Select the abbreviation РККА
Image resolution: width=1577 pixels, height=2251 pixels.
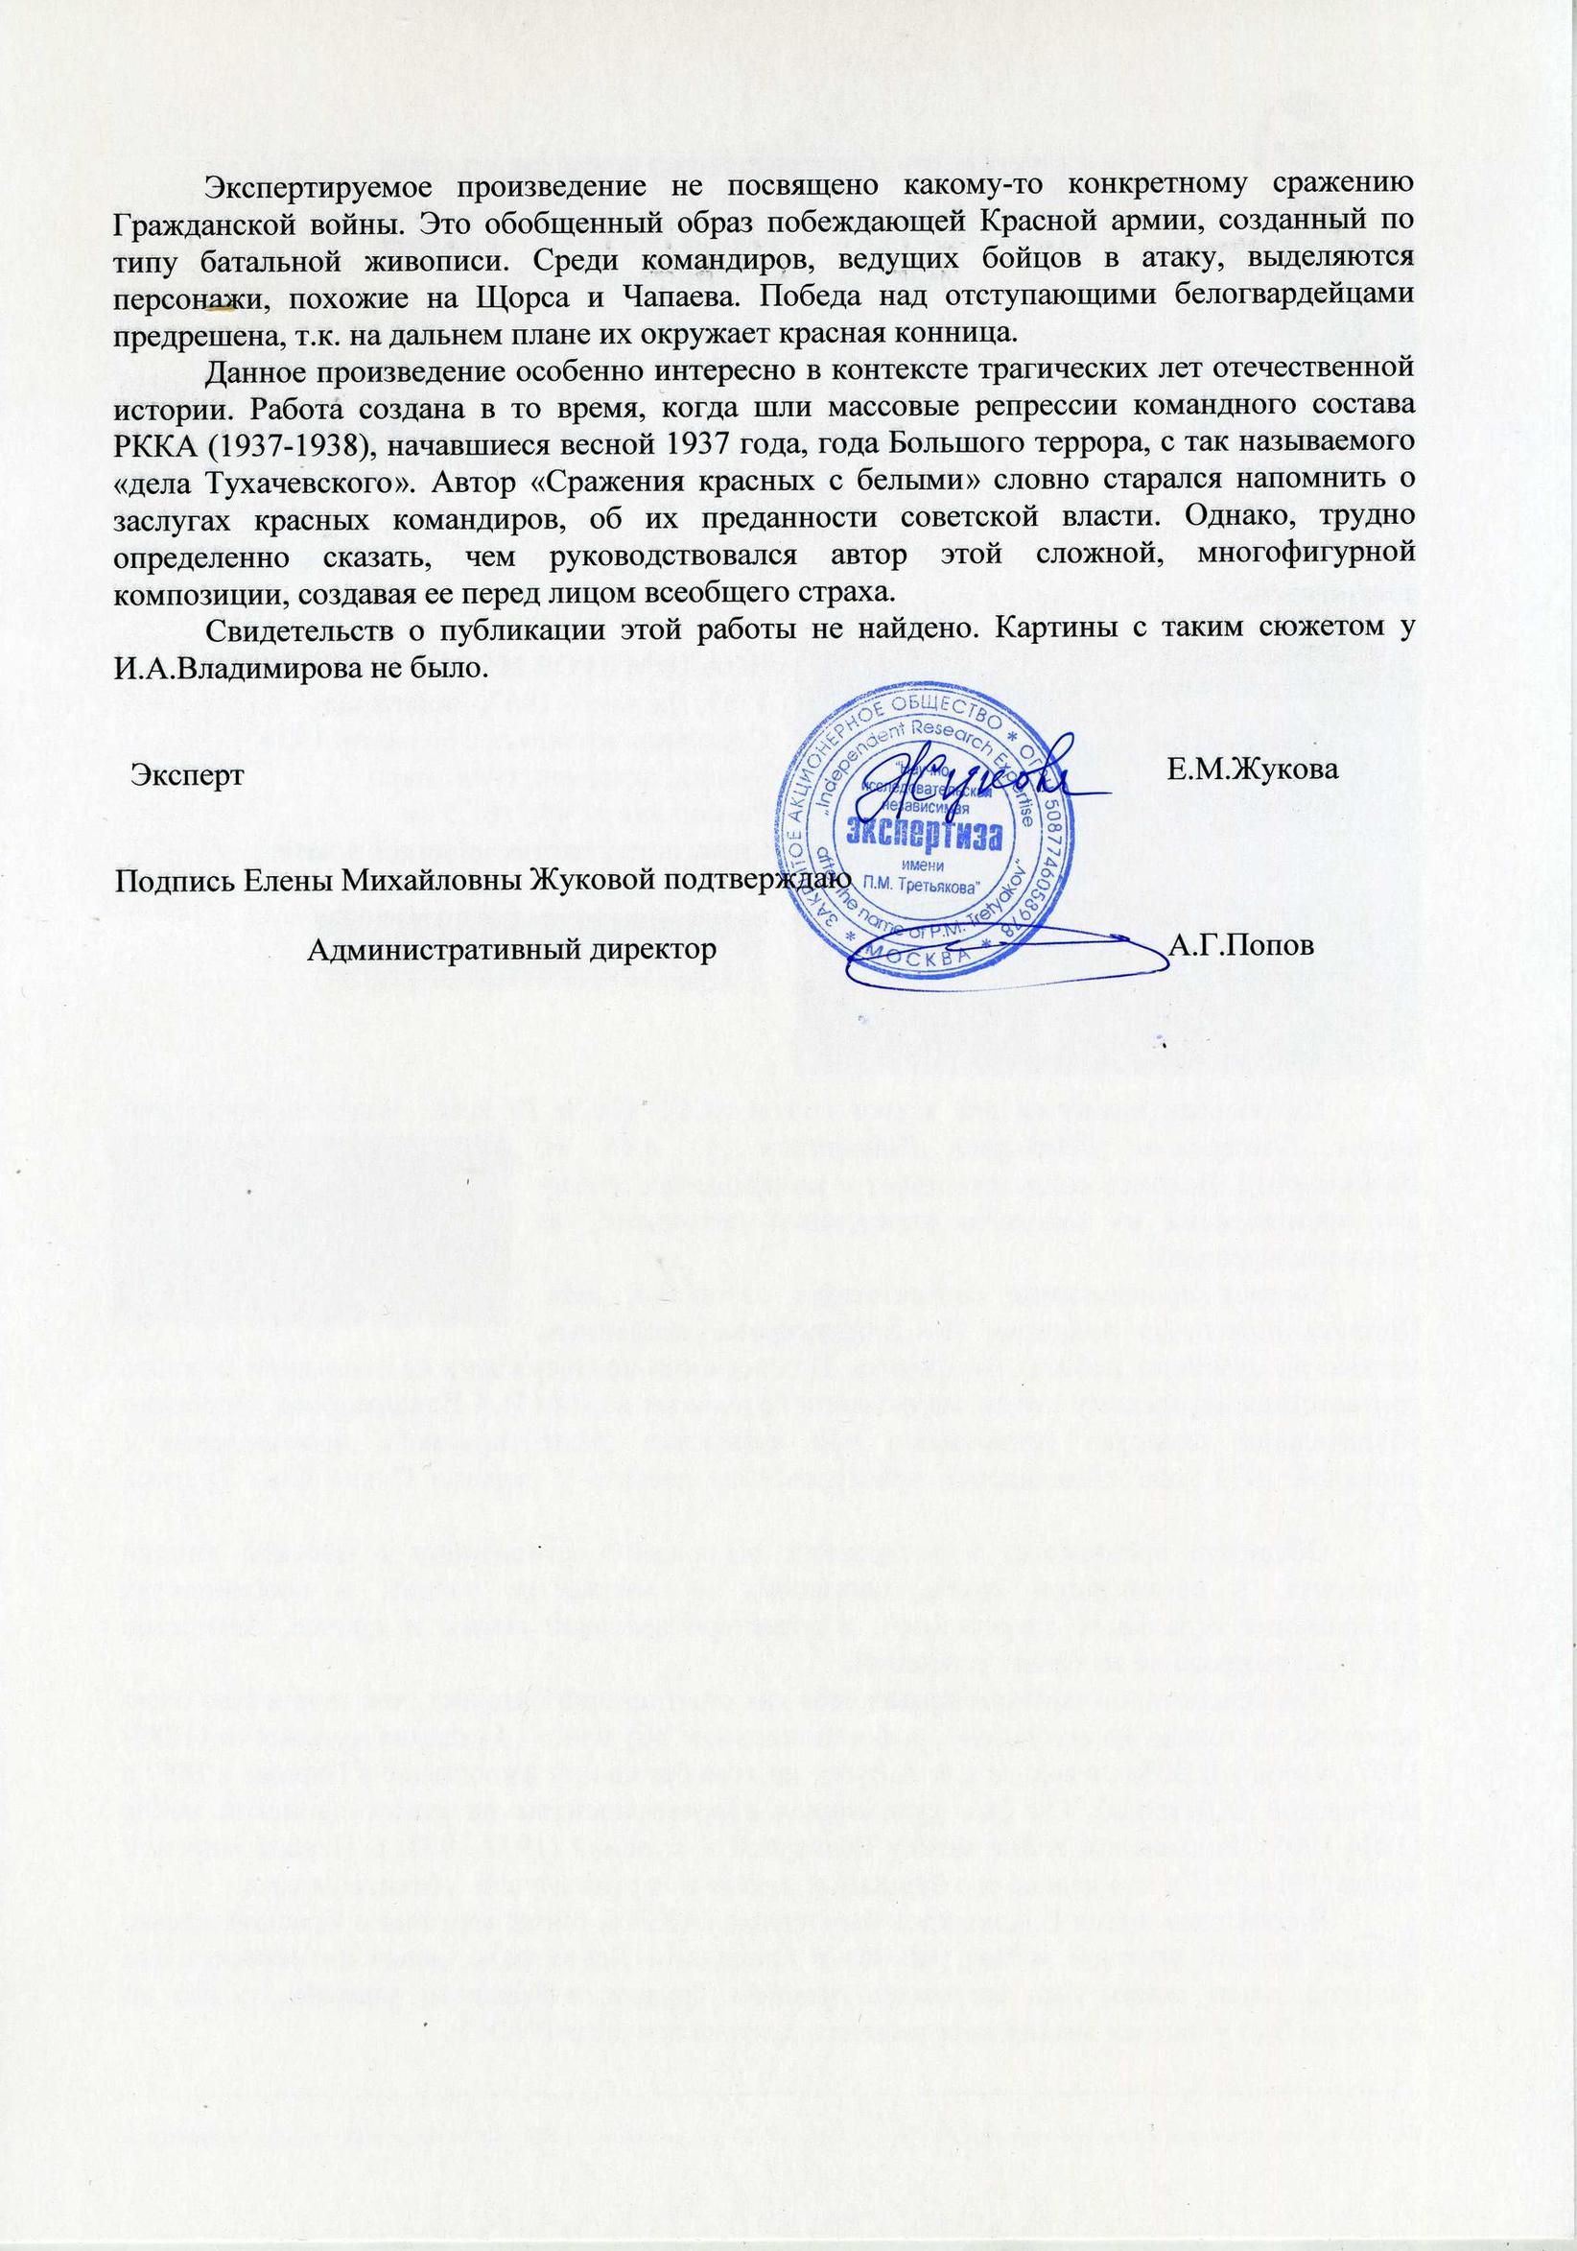point(155,442)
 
